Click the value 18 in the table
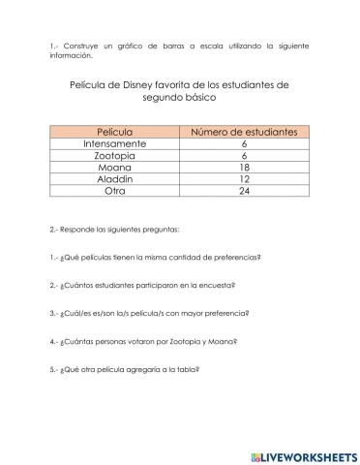pyautogui.click(x=244, y=167)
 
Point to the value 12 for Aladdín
pyautogui.click(x=244, y=178)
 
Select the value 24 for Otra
pyautogui.click(x=244, y=191)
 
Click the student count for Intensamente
pyautogui.click(x=244, y=143)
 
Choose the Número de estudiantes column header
pyautogui.click(x=244, y=131)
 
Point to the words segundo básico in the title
pyautogui.click(x=180, y=98)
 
